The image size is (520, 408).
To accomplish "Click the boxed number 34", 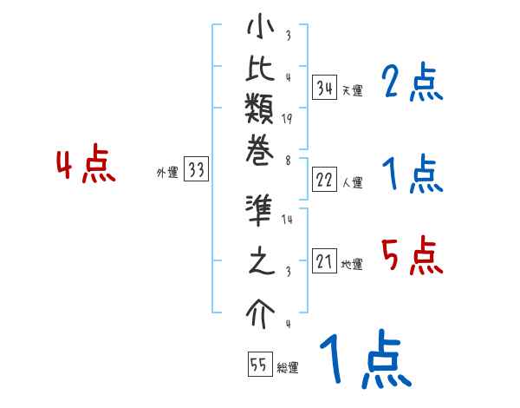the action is (x=325, y=88).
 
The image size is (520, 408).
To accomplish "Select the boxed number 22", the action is (x=325, y=180).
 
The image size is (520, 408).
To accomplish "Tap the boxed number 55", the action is (x=258, y=364).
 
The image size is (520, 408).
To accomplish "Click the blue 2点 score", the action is (x=412, y=83).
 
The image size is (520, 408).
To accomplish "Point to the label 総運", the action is (x=287, y=368).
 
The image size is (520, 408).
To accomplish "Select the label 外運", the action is (x=167, y=174).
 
